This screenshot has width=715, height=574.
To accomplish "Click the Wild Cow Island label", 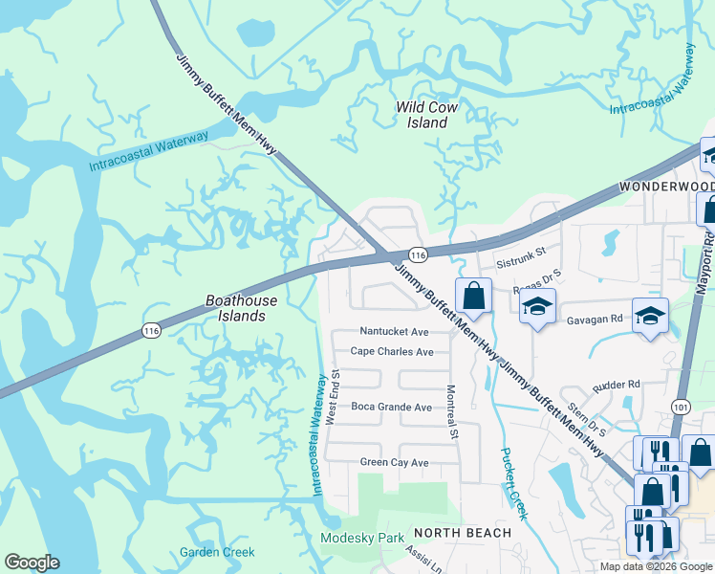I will coord(426,115).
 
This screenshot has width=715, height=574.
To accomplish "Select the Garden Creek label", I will coord(217,552).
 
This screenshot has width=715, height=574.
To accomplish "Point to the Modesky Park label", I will coord(362,538).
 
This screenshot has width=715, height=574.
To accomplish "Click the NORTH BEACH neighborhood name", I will coord(462,532).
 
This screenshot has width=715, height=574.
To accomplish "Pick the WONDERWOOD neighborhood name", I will coord(666,186).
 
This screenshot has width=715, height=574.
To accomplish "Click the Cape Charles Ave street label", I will coord(392,351).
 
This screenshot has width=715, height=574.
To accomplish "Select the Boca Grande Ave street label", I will coord(391,407).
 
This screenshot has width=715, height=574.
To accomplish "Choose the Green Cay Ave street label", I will coord(394,463).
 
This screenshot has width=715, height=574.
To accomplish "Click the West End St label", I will coord(334,398).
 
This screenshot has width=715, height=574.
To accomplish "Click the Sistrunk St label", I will coord(520,254).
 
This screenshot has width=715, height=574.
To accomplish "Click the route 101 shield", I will coord(681,407).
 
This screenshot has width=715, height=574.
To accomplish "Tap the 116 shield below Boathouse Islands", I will coord(150,330).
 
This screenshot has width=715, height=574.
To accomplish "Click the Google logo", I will coord(32,563).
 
